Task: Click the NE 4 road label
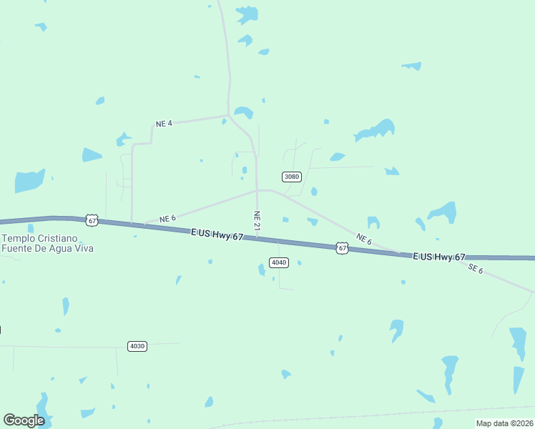pos(164,124)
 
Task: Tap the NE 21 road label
pos(257,220)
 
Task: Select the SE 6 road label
pos(476,269)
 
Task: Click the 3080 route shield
pos(292,177)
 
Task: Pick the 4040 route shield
pos(279,262)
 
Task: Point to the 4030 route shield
pos(137,346)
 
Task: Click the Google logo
pos(24,420)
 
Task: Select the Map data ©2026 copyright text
pos(504,423)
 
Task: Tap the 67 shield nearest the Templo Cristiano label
pos(92,220)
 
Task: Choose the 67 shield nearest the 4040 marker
pos(343,248)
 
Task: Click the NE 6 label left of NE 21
pos(167,218)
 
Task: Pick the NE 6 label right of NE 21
pos(363,240)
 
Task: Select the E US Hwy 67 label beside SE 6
pos(439,257)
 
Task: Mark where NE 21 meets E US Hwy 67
pos(257,238)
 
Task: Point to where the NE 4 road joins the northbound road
pos(228,114)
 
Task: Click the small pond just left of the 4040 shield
pos(262,270)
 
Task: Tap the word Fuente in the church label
pos(16,248)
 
